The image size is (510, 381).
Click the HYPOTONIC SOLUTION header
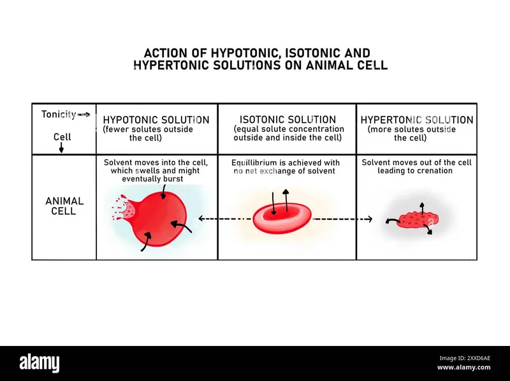pyautogui.click(x=156, y=120)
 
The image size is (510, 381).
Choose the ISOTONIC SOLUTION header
pyautogui.click(x=288, y=120)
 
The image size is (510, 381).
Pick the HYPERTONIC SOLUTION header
pyautogui.click(x=417, y=120)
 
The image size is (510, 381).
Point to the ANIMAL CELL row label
pyautogui.click(x=64, y=206)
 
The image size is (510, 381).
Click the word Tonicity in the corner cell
pyautogui.click(x=59, y=115)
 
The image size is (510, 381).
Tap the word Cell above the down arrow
pyautogui.click(x=62, y=136)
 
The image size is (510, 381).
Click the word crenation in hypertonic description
pyautogui.click(x=435, y=171)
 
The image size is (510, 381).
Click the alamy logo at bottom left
pyautogui.click(x=43, y=363)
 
